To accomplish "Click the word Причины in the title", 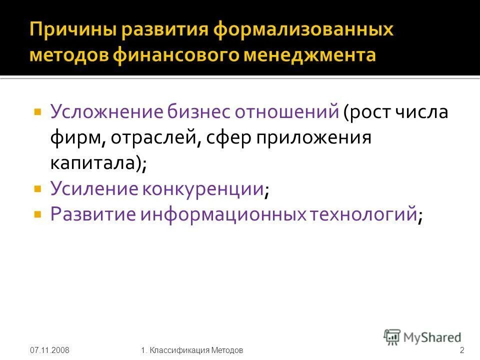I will click(x=72, y=31).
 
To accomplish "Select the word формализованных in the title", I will click(x=304, y=31).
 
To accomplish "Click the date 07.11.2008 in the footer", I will click(x=49, y=349).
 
